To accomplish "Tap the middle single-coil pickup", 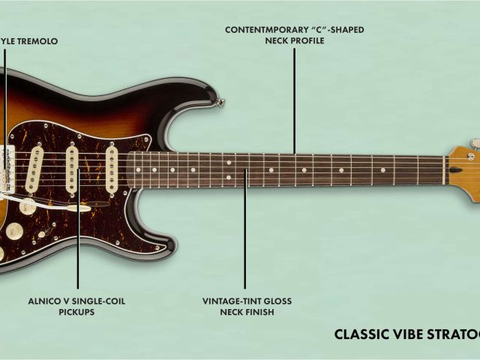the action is tap(73, 167).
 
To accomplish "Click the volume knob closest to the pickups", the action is tap(28, 206).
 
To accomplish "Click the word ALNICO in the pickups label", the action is tap(46, 301).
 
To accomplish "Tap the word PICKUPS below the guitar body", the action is tap(76, 312).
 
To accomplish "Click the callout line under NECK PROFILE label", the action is tap(295, 97).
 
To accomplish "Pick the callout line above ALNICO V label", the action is tap(77, 240).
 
